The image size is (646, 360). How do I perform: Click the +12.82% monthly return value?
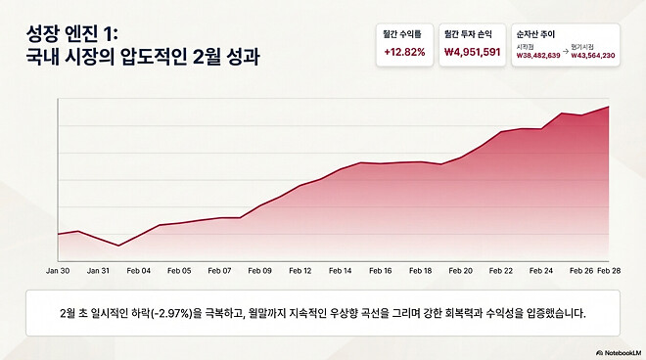click(x=405, y=52)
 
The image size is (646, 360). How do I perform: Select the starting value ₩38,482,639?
click(x=538, y=56)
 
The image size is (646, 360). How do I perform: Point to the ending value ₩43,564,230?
click(x=593, y=56)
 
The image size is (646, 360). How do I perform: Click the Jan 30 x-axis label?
click(x=58, y=269)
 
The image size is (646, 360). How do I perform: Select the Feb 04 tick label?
click(x=139, y=269)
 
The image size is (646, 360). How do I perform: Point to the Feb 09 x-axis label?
click(x=259, y=269)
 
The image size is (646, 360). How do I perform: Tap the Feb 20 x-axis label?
click(x=460, y=269)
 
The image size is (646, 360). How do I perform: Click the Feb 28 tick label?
click(x=609, y=269)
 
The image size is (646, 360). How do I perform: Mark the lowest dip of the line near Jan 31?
click(x=118, y=246)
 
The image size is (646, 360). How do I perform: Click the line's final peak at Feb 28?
click(x=609, y=106)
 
